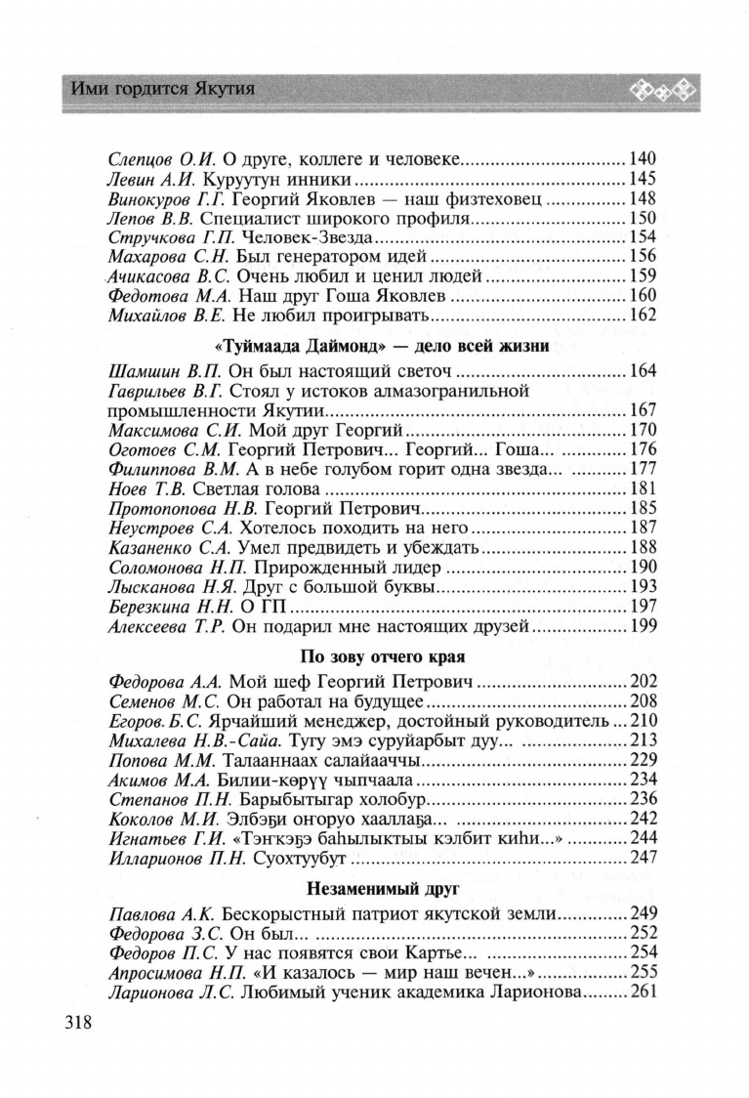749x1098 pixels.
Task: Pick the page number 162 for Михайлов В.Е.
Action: [x=643, y=317]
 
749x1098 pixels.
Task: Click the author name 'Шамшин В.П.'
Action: [x=159, y=372]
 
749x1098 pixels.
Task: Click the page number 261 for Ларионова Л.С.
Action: [x=643, y=993]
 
